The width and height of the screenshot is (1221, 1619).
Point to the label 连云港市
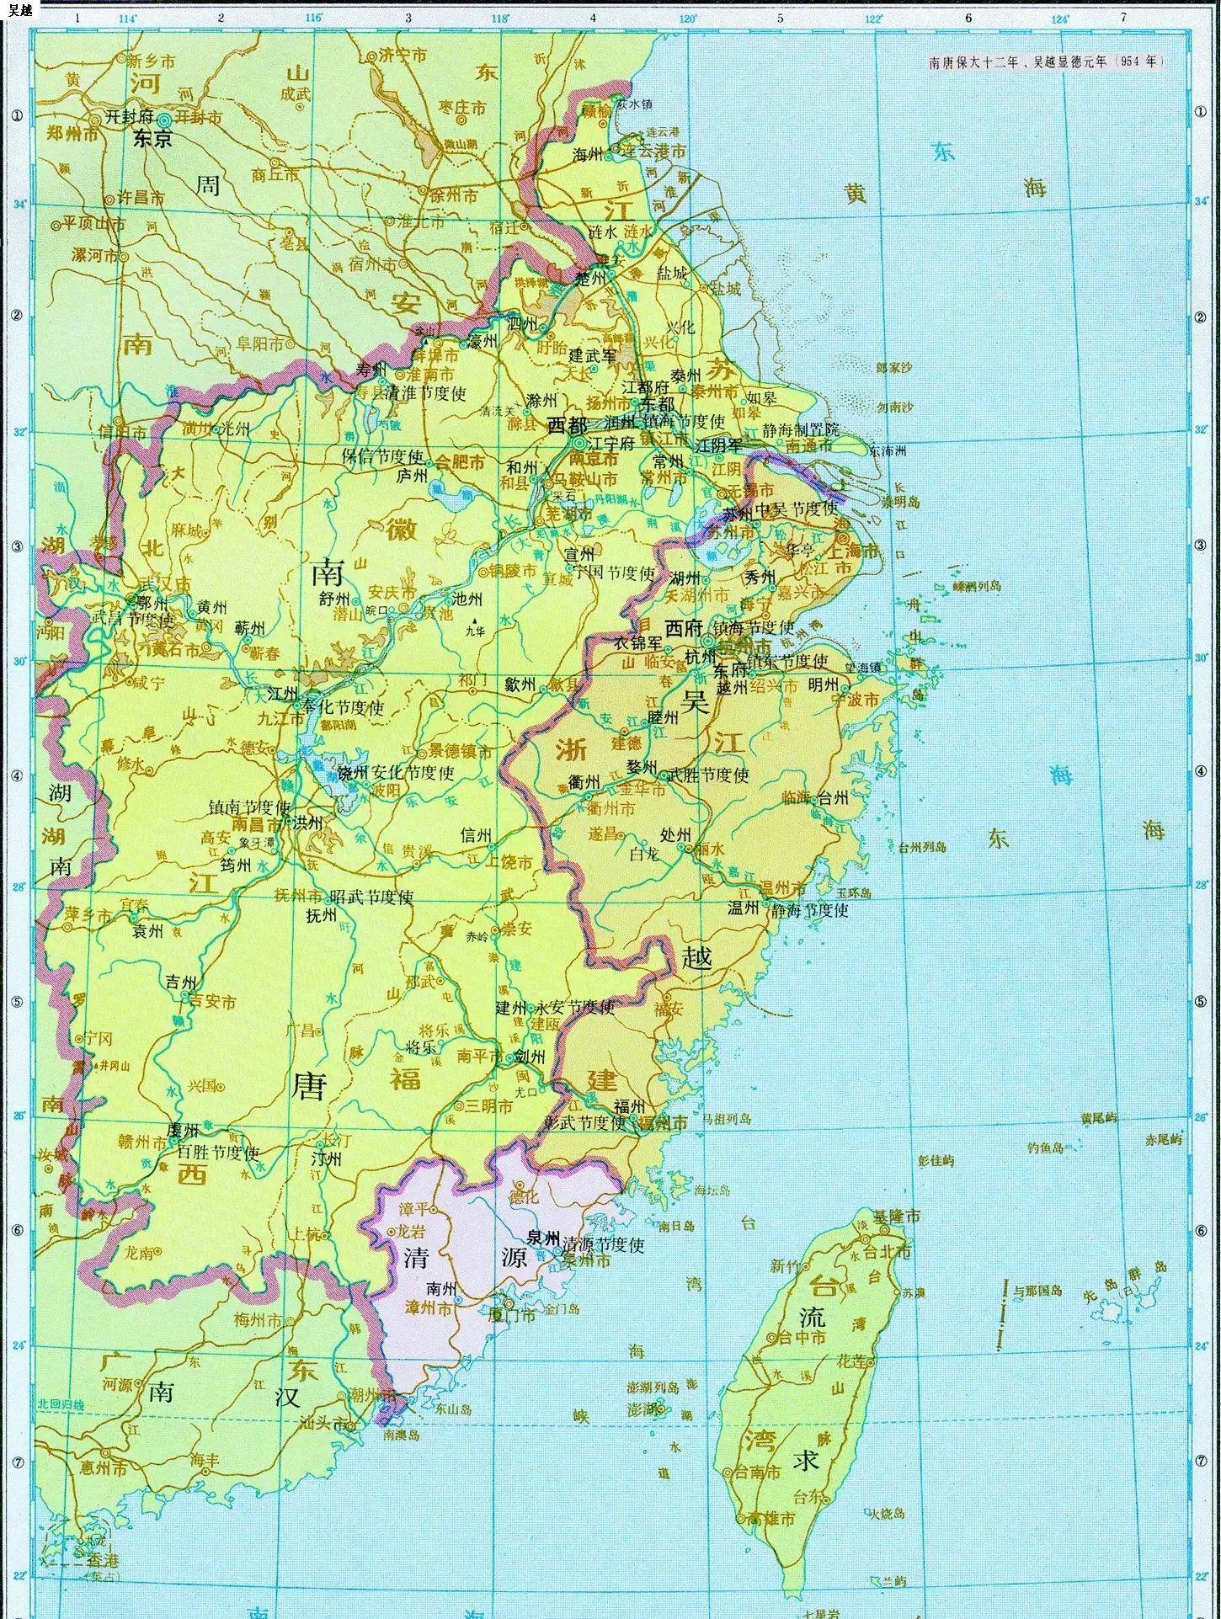click(x=654, y=151)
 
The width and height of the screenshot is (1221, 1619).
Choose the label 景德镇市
click(x=461, y=752)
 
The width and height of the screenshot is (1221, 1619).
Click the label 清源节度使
click(x=603, y=1244)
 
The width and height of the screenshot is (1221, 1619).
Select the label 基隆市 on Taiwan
click(x=896, y=1217)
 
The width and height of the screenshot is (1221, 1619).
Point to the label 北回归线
click(x=61, y=1404)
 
